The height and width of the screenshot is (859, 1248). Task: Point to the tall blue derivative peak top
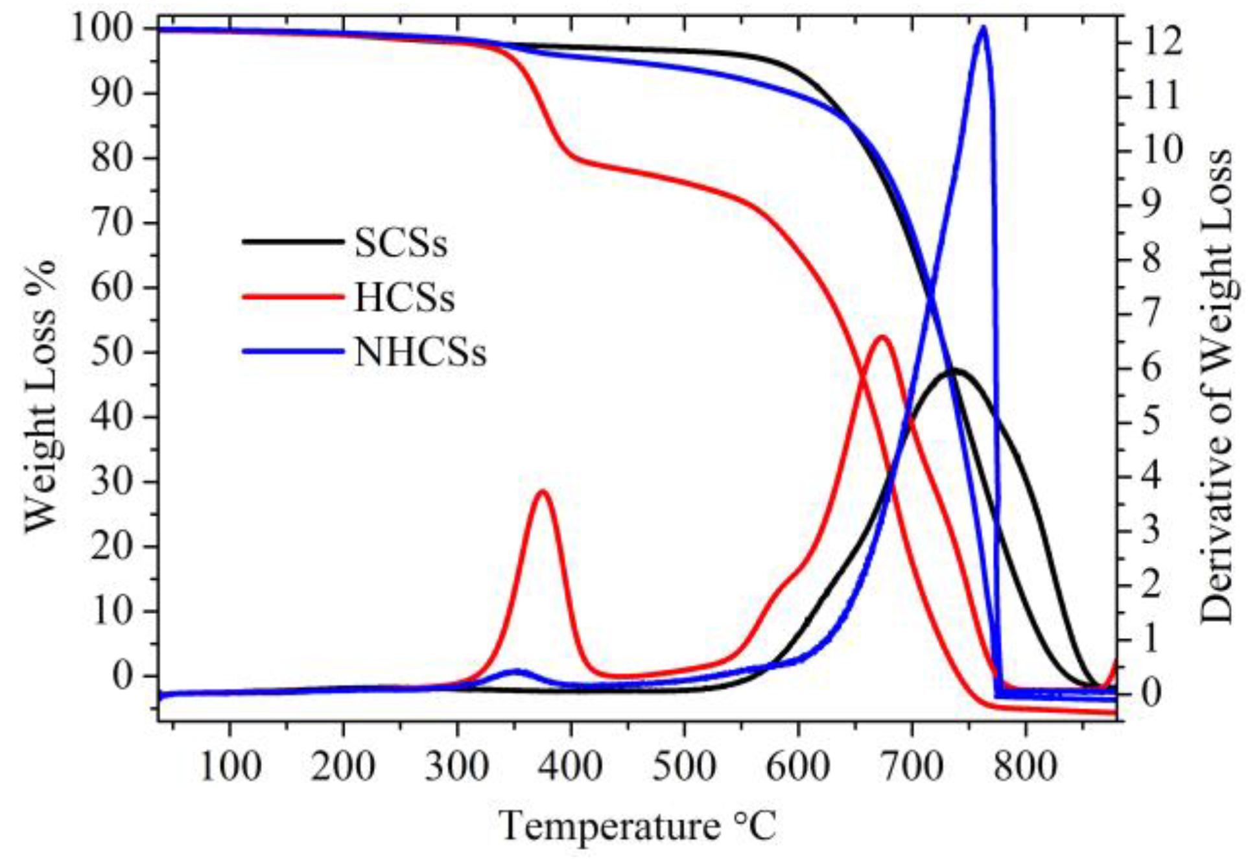(x=983, y=28)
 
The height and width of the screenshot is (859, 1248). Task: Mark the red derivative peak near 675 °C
(x=882, y=336)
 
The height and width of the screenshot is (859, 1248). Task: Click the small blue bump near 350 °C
(x=517, y=671)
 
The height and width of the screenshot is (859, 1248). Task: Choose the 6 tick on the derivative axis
(x=1148, y=368)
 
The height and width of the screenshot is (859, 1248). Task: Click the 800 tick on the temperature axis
(x=1026, y=767)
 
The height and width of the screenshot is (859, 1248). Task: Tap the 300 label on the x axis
(x=457, y=767)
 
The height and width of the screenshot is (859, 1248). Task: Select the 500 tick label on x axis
(x=684, y=767)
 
